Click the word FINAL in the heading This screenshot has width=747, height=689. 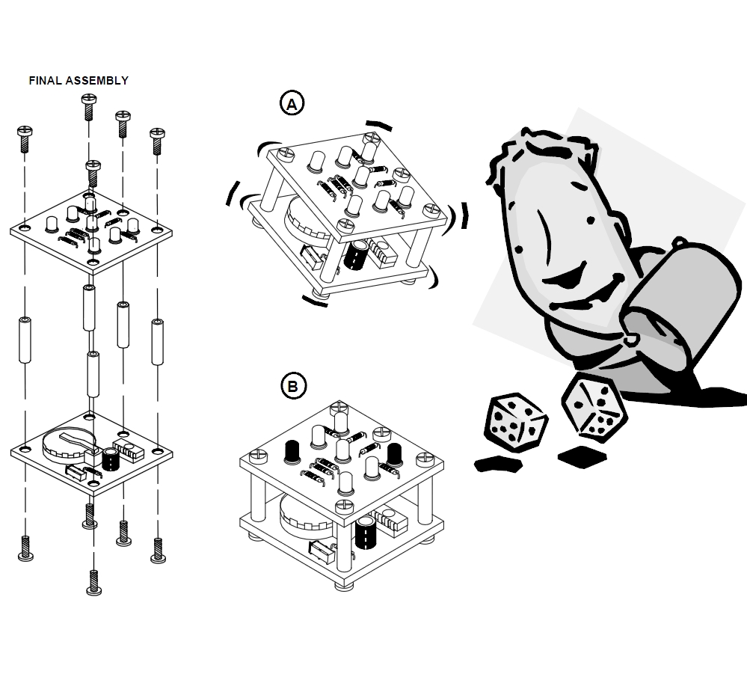point(44,81)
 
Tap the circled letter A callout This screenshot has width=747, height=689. point(292,104)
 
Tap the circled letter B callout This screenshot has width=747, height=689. point(292,387)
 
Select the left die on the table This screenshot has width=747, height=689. point(517,423)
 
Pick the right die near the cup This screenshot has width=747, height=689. point(593,406)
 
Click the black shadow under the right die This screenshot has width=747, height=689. point(582,454)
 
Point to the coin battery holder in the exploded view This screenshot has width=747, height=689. point(66,442)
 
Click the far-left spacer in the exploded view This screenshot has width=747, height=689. point(25,340)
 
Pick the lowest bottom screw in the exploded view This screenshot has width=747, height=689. point(93,581)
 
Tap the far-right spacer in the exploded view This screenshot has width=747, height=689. point(157,342)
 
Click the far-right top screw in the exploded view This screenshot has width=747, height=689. point(157,140)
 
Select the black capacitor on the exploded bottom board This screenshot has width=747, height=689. point(111,459)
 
